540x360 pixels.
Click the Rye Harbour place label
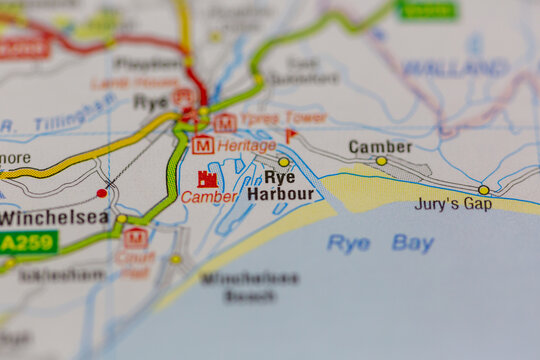tap(280, 185)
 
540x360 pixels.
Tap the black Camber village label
tap(380, 146)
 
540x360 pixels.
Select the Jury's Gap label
tap(453, 204)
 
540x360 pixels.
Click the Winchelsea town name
tap(53, 217)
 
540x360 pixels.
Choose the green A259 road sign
tap(28, 242)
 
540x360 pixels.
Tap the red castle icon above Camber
tap(208, 179)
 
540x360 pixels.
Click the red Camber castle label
tap(209, 197)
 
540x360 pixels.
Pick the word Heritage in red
tap(246, 146)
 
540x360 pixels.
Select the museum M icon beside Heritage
tap(203, 145)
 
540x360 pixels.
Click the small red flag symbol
tap(291, 135)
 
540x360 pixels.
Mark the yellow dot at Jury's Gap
tap(484, 189)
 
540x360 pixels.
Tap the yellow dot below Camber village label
tap(381, 160)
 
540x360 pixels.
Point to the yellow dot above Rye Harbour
tap(284, 161)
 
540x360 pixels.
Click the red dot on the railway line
tap(102, 193)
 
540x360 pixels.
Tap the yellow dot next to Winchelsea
tap(121, 218)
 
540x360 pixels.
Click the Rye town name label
tap(150, 102)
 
